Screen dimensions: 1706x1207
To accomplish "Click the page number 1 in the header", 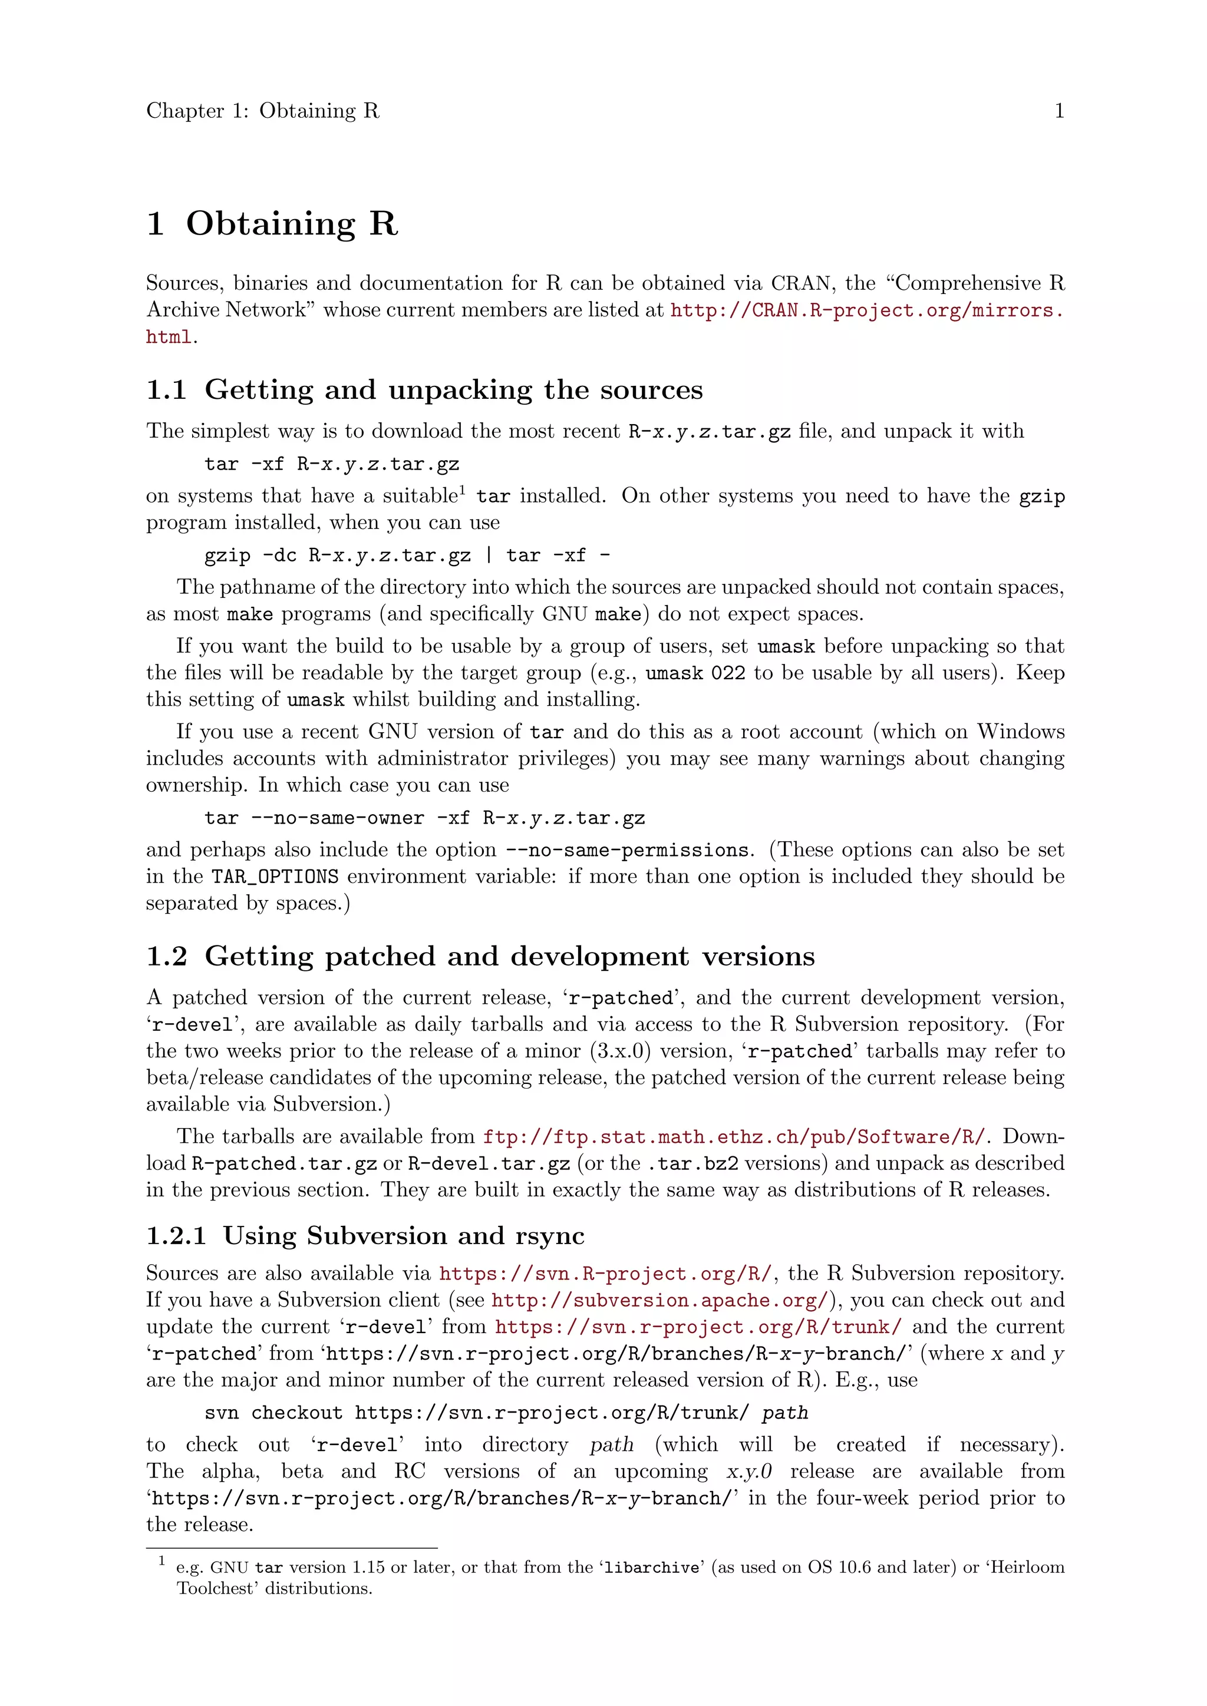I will coord(1059,111).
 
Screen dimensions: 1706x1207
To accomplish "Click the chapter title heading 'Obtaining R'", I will coord(291,224).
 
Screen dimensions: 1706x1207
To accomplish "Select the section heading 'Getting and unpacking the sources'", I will coord(453,390).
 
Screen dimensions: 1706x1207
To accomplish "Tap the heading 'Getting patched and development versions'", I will coord(509,956).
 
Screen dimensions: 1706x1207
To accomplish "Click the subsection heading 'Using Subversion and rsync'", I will coord(403,1236).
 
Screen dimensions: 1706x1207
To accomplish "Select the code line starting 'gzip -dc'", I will coord(407,556).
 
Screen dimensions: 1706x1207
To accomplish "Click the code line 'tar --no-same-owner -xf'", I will coord(424,818).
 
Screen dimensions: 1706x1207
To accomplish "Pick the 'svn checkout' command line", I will coord(506,1413).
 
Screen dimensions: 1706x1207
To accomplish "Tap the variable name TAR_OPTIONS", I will coord(275,877).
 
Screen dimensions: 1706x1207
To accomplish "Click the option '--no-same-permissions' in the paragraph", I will coord(626,850).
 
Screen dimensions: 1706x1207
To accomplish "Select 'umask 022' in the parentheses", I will coord(695,673).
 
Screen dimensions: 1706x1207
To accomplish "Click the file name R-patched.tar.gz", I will coord(285,1163).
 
